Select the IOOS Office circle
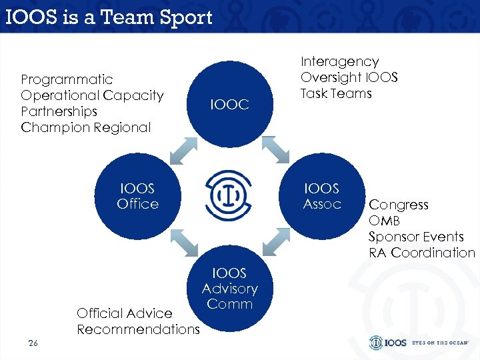138,197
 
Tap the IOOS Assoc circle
321,197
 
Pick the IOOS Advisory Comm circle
229,291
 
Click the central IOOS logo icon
229,194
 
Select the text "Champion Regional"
86,127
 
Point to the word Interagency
339,61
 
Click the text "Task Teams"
336,93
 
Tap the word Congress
399,205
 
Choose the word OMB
384,221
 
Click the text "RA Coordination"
421,253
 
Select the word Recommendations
138,329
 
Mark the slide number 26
33,343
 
